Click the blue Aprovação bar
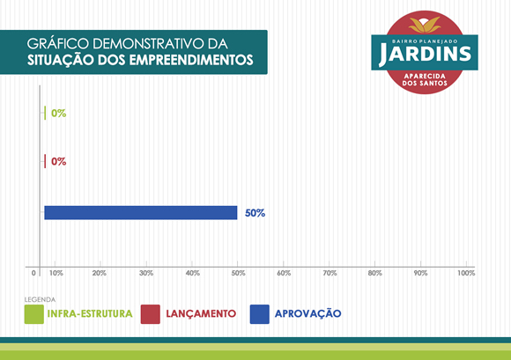pos(141,212)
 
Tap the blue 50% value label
pos(255,213)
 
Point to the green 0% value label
pos(59,114)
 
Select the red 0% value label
pos(59,161)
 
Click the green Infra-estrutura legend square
pos(34,314)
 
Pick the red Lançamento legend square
pos(151,314)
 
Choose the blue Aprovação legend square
pos(259,314)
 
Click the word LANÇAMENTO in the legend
pos(201,313)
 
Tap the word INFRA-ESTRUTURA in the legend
pos(90,313)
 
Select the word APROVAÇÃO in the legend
pos(308,313)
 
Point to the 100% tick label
pos(466,273)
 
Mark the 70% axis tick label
pos(330,273)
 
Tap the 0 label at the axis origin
pos(33,273)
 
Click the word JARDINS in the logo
pos(425,55)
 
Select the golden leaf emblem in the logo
pos(425,25)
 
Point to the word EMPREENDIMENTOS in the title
pos(191,60)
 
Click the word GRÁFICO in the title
pos(57,44)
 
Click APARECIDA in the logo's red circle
pos(425,77)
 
